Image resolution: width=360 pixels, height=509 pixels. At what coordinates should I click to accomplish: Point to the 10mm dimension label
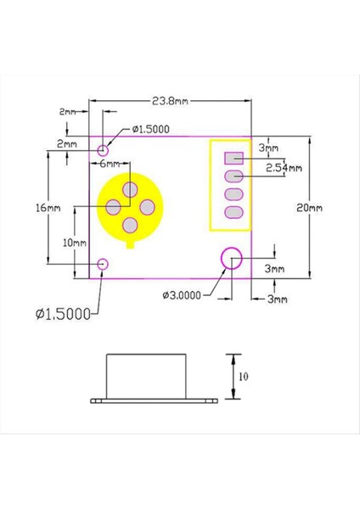click(76, 242)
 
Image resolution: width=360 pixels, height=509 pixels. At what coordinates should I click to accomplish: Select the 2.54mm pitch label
click(283, 168)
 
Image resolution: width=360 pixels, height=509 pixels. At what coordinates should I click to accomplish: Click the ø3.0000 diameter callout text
click(185, 294)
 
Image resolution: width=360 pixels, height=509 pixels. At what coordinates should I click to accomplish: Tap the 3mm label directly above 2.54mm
click(267, 148)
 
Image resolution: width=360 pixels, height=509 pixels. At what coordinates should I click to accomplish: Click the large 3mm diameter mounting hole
click(231, 257)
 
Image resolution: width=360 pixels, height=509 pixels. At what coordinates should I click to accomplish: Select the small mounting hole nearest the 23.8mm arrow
click(104, 149)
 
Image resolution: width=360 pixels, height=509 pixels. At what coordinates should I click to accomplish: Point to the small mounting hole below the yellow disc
click(103, 264)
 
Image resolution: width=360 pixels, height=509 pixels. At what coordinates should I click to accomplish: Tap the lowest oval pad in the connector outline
click(234, 212)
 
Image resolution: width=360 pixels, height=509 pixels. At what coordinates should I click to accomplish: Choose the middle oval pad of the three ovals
click(234, 193)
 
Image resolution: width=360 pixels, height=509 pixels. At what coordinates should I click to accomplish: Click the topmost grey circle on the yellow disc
click(131, 188)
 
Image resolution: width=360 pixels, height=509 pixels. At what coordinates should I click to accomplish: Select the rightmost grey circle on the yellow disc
click(147, 206)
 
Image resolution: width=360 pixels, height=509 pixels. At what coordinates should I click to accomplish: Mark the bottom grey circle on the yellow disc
click(131, 225)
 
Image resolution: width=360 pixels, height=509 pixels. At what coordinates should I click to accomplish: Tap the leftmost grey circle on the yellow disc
click(113, 206)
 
